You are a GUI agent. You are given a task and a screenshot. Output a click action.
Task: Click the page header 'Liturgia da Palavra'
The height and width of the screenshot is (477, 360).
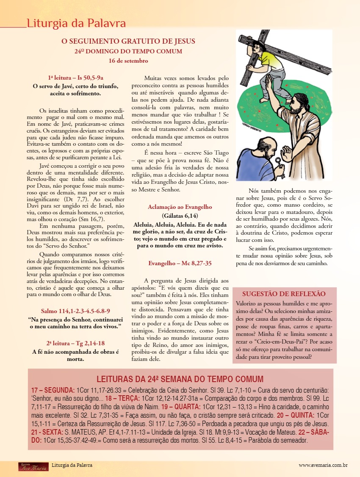click(x=76, y=23)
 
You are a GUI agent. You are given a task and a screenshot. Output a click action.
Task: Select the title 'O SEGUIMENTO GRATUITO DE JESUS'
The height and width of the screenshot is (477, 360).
click(x=128, y=42)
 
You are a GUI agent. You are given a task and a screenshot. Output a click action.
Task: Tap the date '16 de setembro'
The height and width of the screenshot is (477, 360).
click(x=128, y=61)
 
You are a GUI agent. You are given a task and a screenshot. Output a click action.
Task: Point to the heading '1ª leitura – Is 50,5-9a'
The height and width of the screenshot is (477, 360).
click(x=76, y=78)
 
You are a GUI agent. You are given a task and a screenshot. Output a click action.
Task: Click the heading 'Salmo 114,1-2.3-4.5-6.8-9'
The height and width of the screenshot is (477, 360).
click(x=76, y=311)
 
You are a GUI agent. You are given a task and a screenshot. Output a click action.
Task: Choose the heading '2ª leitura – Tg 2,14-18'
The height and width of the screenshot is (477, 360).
click(x=76, y=343)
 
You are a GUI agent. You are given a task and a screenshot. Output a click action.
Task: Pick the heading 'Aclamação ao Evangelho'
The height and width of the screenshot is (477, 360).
click(x=180, y=207)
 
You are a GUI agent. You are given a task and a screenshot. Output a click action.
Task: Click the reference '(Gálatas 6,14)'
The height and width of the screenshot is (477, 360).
click(x=180, y=216)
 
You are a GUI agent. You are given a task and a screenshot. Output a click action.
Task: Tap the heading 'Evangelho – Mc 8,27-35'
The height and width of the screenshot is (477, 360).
click(x=180, y=263)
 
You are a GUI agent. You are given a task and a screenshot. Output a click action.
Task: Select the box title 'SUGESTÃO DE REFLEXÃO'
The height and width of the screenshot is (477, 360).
click(x=284, y=294)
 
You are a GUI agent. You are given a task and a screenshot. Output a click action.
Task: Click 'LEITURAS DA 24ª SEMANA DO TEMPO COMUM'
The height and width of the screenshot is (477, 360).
click(x=180, y=379)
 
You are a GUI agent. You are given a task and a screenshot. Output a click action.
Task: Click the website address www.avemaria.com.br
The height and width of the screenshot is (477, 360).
click(x=323, y=465)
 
